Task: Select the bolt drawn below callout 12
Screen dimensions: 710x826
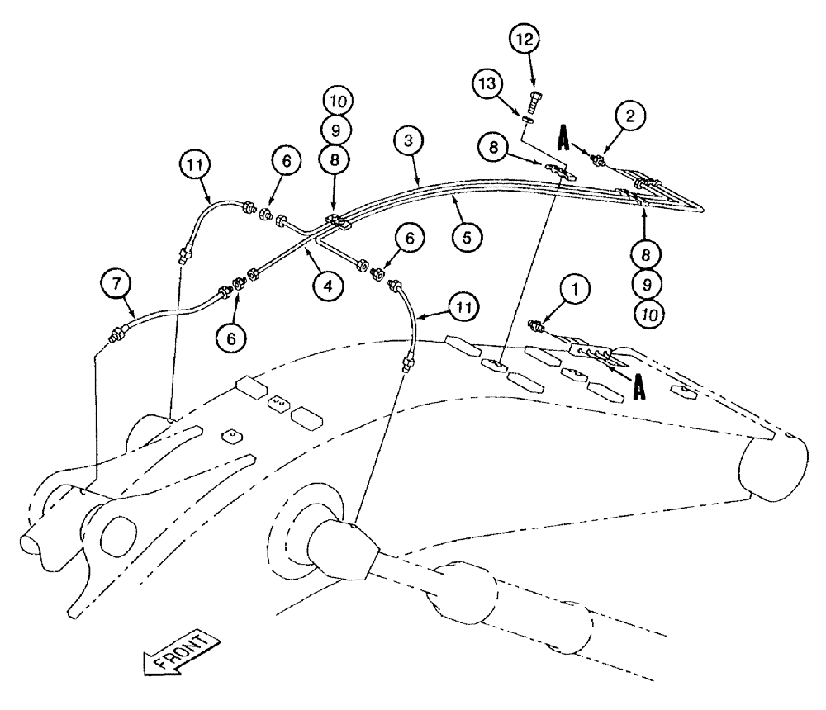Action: [x=534, y=102]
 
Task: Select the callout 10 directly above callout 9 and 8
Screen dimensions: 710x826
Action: [x=339, y=101]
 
